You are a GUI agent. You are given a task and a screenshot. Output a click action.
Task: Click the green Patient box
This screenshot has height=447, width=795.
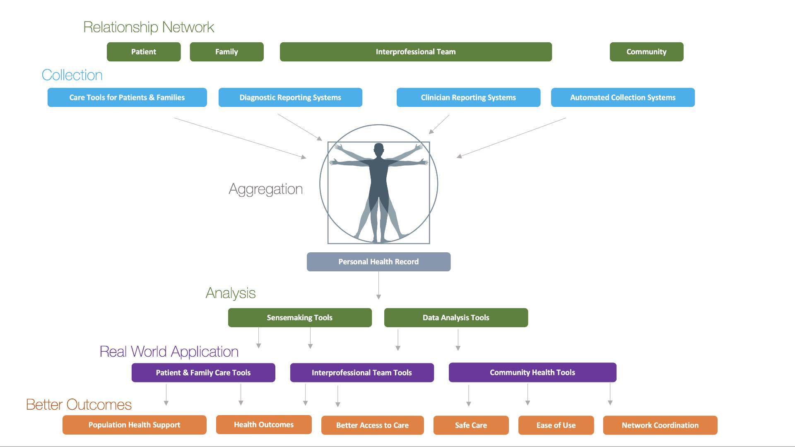144,52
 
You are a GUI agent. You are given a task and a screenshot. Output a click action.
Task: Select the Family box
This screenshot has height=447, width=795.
226,52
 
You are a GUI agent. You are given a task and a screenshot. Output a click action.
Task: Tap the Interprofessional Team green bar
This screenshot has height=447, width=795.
416,52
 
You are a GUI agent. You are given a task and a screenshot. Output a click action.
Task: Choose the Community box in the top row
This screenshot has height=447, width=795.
646,52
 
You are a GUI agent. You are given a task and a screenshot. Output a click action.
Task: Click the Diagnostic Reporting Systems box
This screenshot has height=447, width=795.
290,97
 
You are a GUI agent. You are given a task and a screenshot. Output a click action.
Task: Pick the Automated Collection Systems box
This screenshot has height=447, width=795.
623,97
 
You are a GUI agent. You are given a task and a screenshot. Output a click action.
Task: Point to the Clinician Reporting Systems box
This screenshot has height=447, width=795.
468,97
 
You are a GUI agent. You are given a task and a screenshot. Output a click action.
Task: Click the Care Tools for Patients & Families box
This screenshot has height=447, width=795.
127,97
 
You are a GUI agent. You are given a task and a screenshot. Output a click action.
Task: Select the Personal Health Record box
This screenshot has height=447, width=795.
378,262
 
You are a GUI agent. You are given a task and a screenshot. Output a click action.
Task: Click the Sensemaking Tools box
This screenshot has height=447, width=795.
300,318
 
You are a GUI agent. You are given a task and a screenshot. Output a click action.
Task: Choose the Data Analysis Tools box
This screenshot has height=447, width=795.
456,318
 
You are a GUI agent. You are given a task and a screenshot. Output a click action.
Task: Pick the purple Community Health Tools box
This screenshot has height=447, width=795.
532,372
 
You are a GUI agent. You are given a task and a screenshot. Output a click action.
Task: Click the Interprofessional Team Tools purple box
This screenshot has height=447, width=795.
362,372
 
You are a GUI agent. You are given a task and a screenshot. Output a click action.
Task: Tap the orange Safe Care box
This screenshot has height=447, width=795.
471,425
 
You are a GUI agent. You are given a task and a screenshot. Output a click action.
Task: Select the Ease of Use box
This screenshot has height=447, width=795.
556,425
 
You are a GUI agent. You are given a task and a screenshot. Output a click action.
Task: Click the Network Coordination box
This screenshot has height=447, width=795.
660,425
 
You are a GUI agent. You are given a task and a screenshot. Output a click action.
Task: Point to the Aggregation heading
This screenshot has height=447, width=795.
266,189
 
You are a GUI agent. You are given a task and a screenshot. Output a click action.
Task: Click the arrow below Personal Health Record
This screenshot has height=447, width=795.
378,286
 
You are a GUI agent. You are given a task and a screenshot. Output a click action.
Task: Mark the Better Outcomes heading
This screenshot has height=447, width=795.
79,404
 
